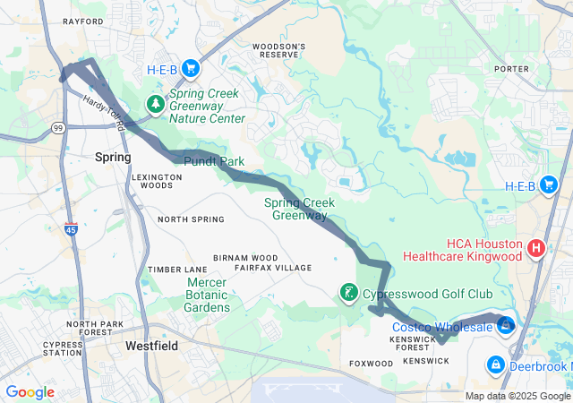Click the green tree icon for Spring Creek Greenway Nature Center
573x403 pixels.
157,104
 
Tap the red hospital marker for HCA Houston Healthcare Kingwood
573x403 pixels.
536,247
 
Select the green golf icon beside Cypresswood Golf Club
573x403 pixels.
348,293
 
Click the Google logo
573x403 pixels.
30,391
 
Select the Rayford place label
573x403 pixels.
82,21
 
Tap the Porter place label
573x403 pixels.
511,67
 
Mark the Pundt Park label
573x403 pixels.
214,161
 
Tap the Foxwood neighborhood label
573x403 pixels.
371,364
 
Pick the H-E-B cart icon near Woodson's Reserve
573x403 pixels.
190,68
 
